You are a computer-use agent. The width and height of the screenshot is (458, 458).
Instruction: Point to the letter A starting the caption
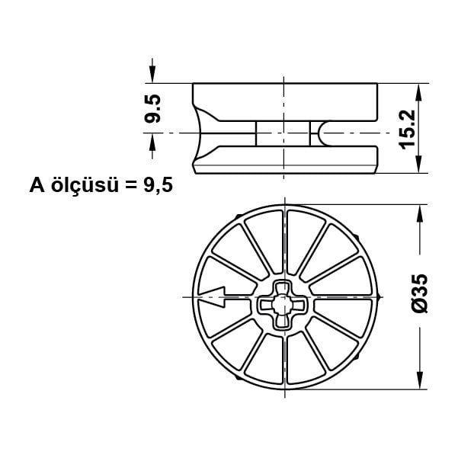[37, 185]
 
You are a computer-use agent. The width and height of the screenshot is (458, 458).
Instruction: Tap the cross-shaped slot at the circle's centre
[283, 303]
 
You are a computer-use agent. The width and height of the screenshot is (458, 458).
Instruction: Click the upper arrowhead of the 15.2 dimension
[418, 92]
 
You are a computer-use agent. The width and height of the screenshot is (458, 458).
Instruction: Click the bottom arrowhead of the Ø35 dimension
[418, 381]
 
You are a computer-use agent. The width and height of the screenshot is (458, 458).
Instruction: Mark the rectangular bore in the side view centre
[282, 133]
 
